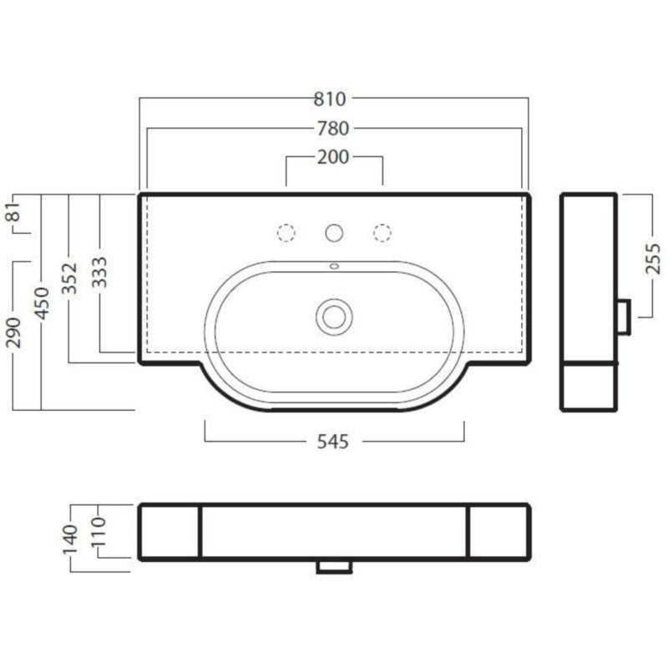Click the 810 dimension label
coord(330,99)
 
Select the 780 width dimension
coord(332,129)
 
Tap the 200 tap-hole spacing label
coord(333,157)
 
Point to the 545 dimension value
coord(333,442)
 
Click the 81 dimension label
coord(13,211)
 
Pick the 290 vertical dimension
coord(13,332)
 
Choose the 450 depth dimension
coord(43,303)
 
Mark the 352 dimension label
coord(70,279)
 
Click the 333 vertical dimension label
coord(99,272)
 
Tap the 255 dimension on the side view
coord(653,259)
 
